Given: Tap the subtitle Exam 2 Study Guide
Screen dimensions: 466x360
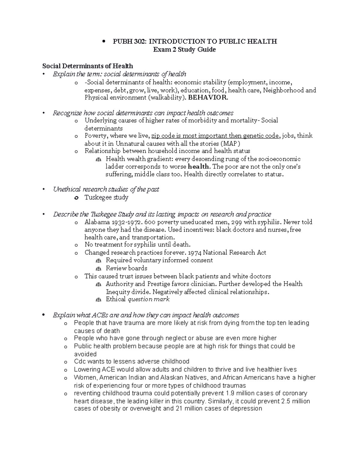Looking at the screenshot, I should click(x=184, y=50).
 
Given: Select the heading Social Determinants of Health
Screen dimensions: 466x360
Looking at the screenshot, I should click(x=88, y=66).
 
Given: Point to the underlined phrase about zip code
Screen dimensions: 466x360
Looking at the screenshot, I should click(x=215, y=136).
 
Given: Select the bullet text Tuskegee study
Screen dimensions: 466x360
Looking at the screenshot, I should click(x=106, y=197).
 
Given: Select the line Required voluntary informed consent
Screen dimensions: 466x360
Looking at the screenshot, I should click(x=159, y=260).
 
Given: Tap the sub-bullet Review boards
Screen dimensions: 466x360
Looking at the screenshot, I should click(x=126, y=268).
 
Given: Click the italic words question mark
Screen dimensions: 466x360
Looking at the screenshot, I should click(x=148, y=299).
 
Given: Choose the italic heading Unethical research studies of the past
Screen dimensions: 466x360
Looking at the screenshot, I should click(x=106, y=189).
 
